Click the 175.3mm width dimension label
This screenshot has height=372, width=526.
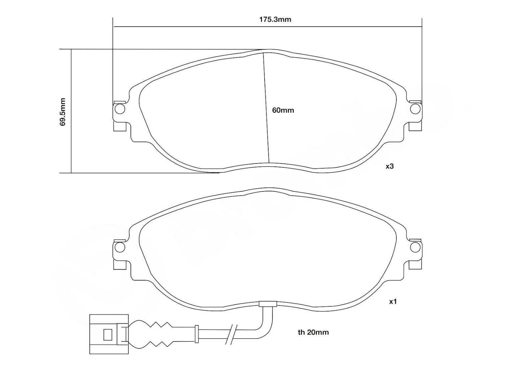pos(275,19)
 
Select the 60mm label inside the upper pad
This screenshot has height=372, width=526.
pos(283,110)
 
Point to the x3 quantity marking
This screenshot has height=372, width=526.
pos(390,166)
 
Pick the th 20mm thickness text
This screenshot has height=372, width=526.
pos(313,332)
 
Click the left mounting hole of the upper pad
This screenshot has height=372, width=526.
pos(120,109)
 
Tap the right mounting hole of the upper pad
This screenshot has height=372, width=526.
pos(415,109)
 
